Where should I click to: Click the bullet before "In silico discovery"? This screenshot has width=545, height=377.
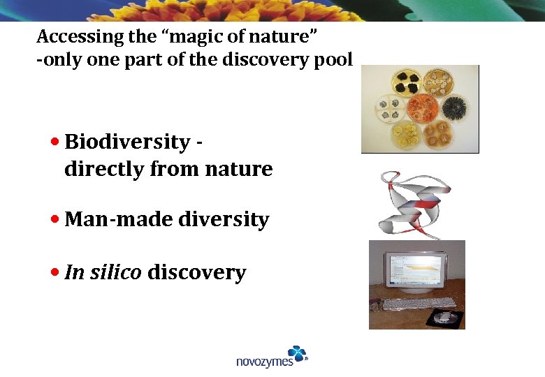coord(56,272)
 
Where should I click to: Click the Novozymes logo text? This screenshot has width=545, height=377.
coord(264,361)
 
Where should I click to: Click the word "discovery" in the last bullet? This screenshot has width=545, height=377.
coord(197,272)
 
